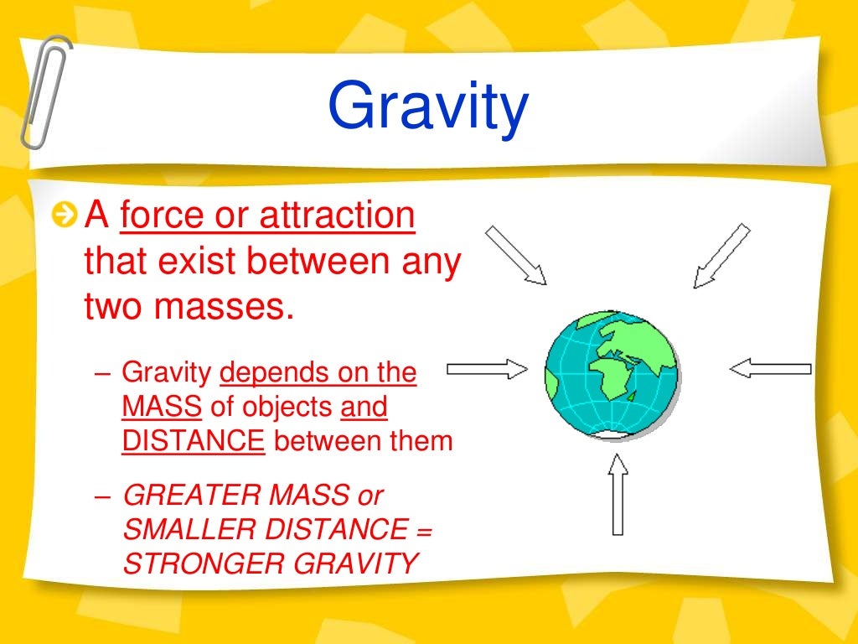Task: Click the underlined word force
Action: tap(165, 216)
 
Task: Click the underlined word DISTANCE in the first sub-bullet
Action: tap(193, 440)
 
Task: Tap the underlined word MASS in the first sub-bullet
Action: tap(162, 407)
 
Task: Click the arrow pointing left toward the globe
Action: tap(770, 368)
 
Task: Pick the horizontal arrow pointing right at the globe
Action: tap(487, 368)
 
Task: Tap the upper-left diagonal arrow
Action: tap(516, 254)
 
